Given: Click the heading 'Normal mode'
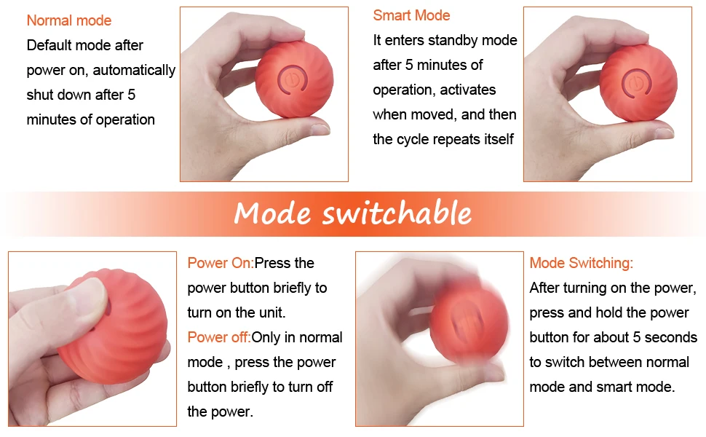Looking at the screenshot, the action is (x=69, y=20).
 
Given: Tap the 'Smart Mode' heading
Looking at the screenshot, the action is (x=411, y=15).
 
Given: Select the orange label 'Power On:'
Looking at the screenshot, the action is (x=221, y=263).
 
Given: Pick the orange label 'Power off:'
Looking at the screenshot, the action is (x=219, y=337).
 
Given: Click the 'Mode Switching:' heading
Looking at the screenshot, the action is (x=582, y=263).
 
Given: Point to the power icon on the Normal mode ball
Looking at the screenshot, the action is (x=292, y=80).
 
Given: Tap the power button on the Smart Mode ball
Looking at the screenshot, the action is (x=636, y=82).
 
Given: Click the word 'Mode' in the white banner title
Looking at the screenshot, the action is (x=272, y=213).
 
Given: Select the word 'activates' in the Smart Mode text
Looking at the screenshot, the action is (x=468, y=90).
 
